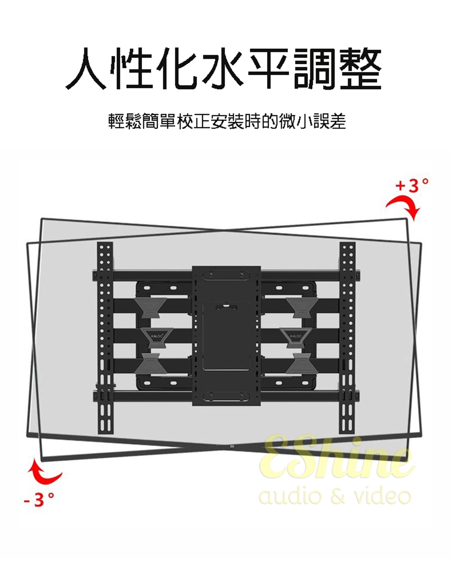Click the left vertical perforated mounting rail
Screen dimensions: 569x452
pos(105,339)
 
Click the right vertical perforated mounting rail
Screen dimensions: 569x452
pos(348,339)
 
